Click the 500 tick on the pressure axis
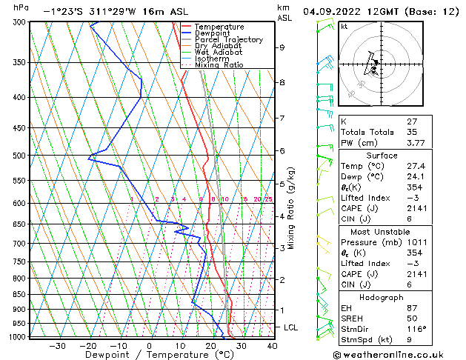pos(19,156)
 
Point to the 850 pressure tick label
pos(19,295)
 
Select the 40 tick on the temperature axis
pos(272,345)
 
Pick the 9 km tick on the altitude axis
pos(282,47)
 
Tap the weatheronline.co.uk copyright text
pos(403,353)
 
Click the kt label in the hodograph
pos(344,26)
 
